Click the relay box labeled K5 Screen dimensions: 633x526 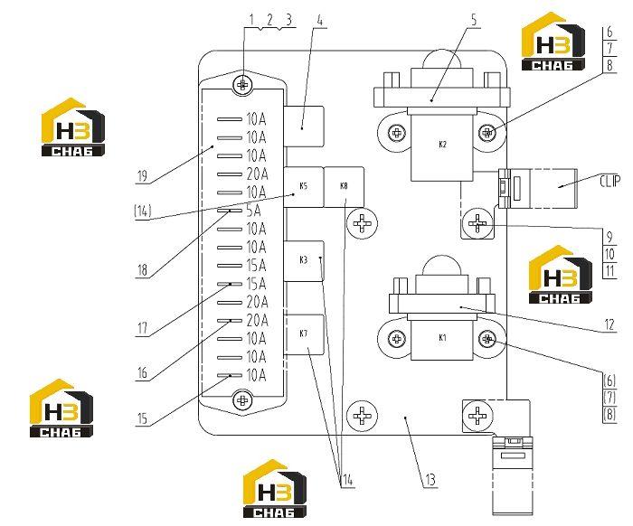pyautogui.click(x=304, y=187)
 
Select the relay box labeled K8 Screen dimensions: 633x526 pyautogui.click(x=344, y=187)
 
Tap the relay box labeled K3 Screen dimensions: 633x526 pyautogui.click(x=304, y=260)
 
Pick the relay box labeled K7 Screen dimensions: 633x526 pyautogui.click(x=304, y=334)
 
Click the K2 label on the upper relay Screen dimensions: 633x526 pyautogui.click(x=442, y=145)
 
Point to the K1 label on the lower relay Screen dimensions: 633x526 pyautogui.click(x=442, y=338)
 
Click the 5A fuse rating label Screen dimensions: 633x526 pyautogui.click(x=254, y=211)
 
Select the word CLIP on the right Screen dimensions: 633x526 pyautogui.click(x=610, y=181)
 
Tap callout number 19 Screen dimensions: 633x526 pyautogui.click(x=142, y=176)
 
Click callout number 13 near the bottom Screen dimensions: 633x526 pyautogui.click(x=430, y=480)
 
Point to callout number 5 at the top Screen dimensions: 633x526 pyautogui.click(x=474, y=19)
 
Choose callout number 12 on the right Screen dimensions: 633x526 pyautogui.click(x=609, y=324)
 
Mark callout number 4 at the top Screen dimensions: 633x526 pyautogui.click(x=320, y=20)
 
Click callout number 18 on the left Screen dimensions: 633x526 pyautogui.click(x=142, y=270)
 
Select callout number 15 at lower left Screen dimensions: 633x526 pyautogui.click(x=143, y=418)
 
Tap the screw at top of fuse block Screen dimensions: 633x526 pyautogui.click(x=243, y=85)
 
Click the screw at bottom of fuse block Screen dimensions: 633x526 pyautogui.click(x=243, y=400)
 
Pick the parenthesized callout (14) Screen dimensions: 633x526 pyautogui.click(x=143, y=211)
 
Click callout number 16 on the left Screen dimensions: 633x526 pyautogui.click(x=143, y=373)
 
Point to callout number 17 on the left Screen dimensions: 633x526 pyautogui.click(x=143, y=328)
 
